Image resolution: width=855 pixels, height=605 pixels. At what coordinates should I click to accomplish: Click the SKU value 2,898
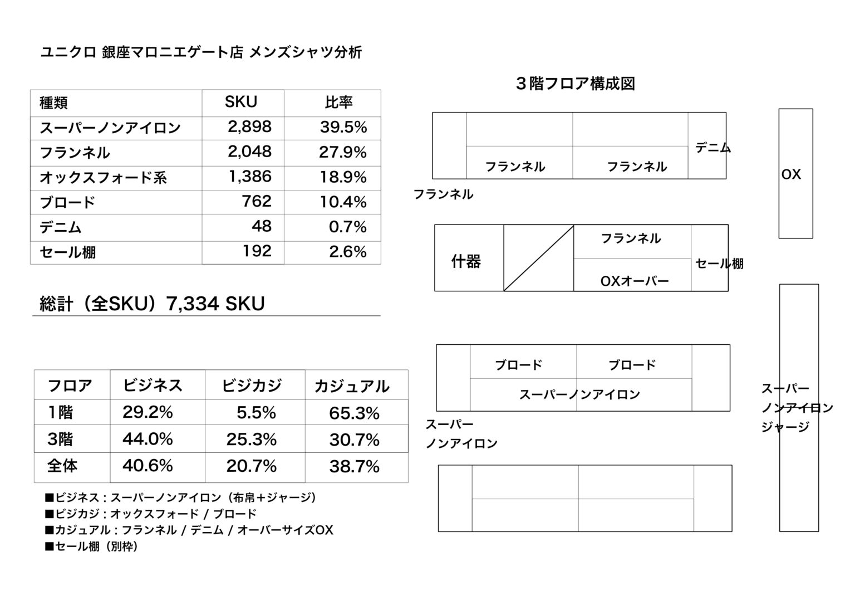[x=249, y=127]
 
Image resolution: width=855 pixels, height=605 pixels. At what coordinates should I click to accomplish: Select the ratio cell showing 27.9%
[x=343, y=152]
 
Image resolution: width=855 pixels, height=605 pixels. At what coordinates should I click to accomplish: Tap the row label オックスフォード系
[x=103, y=178]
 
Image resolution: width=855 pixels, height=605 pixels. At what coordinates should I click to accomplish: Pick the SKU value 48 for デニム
[x=261, y=226]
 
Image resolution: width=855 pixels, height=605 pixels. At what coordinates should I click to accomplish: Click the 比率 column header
[x=339, y=103]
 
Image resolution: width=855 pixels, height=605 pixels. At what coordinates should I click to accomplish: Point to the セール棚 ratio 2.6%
[x=347, y=252]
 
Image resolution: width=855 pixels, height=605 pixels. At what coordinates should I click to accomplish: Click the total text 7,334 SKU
[x=215, y=304]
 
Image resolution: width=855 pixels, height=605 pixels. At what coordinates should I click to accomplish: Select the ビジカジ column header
[x=252, y=386]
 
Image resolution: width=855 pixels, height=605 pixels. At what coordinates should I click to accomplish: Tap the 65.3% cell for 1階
[x=354, y=413]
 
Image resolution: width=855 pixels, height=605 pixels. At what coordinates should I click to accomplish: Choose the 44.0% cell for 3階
[x=148, y=440]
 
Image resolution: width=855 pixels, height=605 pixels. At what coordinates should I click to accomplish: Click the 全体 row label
[x=62, y=466]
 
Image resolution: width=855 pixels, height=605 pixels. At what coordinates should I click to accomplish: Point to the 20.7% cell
[x=251, y=466]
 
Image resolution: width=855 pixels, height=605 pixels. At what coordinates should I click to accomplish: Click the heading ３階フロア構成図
[x=576, y=84]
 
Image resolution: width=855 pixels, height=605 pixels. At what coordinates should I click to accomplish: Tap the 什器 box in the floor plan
[x=466, y=261]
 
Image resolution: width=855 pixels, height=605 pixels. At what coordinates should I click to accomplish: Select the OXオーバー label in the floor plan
[x=635, y=281]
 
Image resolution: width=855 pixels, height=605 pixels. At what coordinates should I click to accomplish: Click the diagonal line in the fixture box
[x=538, y=258]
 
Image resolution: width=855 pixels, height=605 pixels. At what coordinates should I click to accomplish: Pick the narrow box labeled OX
[x=795, y=173]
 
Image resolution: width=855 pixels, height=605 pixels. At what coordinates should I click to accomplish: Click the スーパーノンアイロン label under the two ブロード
[x=579, y=394]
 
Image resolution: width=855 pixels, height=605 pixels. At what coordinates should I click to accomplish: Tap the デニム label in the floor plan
[x=712, y=148]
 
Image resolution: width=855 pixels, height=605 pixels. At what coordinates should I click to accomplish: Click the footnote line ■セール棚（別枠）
[x=91, y=547]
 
